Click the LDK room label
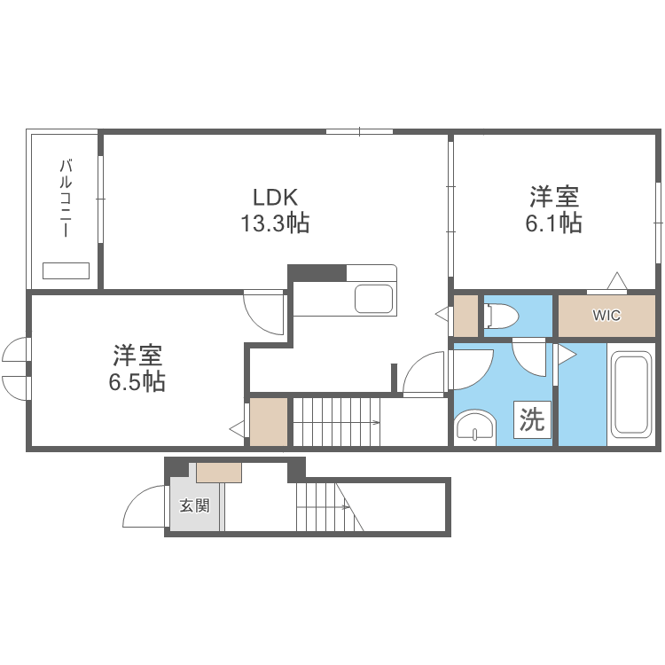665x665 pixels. pos(275,197)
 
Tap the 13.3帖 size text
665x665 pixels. pos(275,223)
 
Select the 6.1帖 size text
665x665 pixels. pos(554,223)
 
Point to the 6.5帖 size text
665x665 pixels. pos(137,382)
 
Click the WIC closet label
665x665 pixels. pos(606,316)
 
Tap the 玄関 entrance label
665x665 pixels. pos(194,506)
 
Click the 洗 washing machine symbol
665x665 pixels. pos(532,420)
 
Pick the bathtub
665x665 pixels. pos(632,395)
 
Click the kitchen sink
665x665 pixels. pos(374,299)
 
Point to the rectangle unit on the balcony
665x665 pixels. pos(66,270)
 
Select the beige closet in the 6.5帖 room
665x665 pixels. pos(269,422)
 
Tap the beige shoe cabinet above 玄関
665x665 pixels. pos(219,473)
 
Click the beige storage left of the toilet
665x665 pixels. pos(465,316)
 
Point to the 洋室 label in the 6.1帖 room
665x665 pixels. pos(554,196)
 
